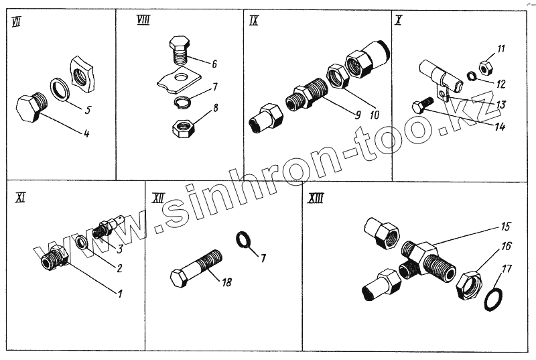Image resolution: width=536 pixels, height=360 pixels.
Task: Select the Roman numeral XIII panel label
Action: pyautogui.click(x=315, y=198)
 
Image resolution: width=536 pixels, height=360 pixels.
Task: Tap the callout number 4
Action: pyautogui.click(x=86, y=133)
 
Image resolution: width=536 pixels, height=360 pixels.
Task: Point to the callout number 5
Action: pyautogui.click(x=88, y=110)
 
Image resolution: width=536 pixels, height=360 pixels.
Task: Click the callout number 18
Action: pyautogui.click(x=227, y=282)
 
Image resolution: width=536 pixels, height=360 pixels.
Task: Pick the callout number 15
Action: pyautogui.click(x=506, y=227)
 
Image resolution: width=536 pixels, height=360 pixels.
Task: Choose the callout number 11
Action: pyautogui.click(x=500, y=48)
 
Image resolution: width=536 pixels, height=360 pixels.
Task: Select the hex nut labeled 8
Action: pyautogui.click(x=183, y=129)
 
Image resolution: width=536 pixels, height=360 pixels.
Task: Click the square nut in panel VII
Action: pyautogui.click(x=82, y=74)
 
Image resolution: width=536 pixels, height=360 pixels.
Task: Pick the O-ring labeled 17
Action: pyautogui.click(x=494, y=300)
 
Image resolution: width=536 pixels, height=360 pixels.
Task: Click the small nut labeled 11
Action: pyautogui.click(x=485, y=67)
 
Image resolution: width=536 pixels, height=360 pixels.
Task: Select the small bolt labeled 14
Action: pyautogui.click(x=423, y=105)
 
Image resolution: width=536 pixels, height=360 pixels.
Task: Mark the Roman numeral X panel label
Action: pyautogui.click(x=398, y=21)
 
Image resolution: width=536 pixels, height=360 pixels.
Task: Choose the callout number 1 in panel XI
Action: pyautogui.click(x=120, y=294)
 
